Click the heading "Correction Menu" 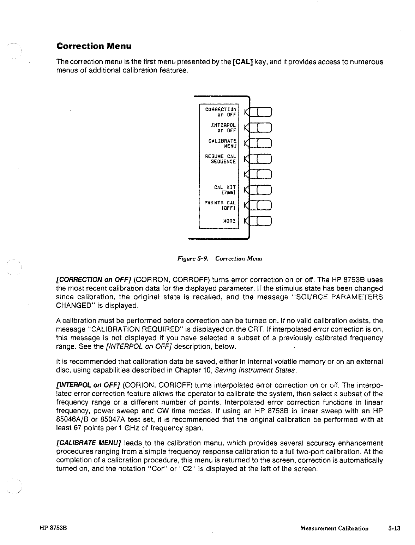click(x=94, y=46)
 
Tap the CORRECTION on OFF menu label click(x=221, y=112)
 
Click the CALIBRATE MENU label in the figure click(x=222, y=143)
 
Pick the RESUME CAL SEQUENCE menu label click(x=221, y=159)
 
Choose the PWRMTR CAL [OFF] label click(x=220, y=205)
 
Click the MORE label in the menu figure click(x=229, y=221)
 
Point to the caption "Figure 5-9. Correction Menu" click(x=219, y=259)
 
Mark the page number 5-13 click(x=395, y=528)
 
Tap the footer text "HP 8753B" click(x=53, y=528)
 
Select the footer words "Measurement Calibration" click(x=334, y=528)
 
